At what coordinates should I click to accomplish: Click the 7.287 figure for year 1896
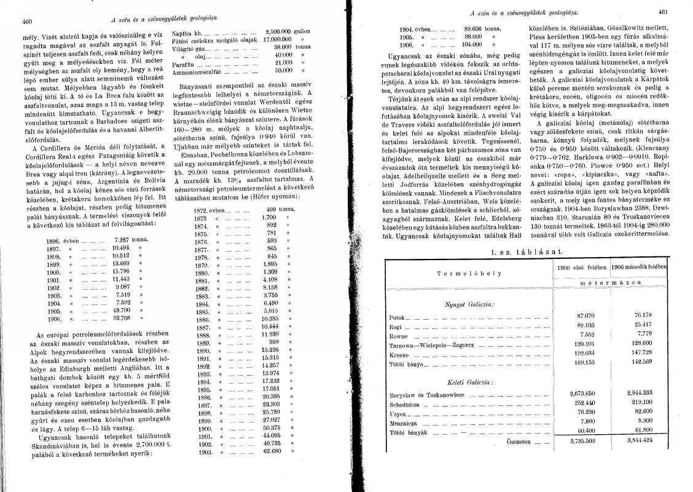point(124,239)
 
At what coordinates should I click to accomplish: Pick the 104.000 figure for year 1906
point(476,44)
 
